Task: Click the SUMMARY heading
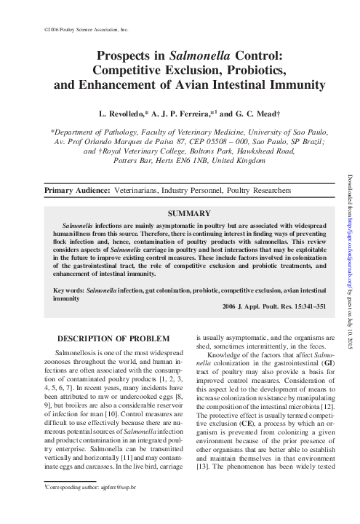pyautogui.click(x=189, y=214)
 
